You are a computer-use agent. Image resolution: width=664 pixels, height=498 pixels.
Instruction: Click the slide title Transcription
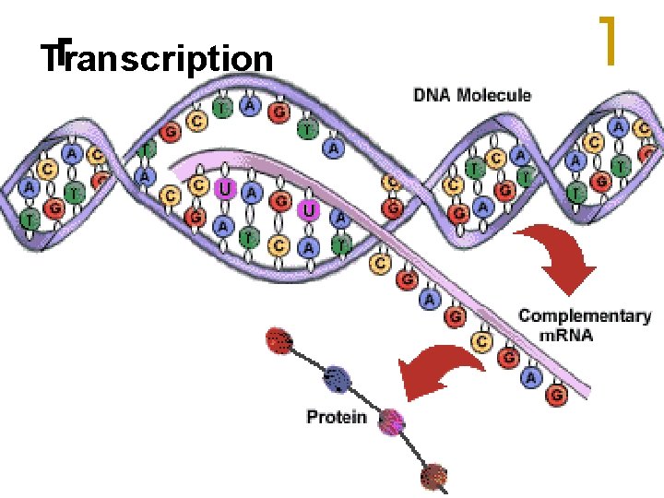[157, 59]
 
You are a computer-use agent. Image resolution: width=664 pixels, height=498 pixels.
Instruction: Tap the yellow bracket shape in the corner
[607, 41]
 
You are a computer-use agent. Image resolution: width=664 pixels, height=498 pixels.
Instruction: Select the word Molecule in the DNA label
[498, 94]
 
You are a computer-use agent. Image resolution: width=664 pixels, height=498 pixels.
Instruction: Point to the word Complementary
[585, 316]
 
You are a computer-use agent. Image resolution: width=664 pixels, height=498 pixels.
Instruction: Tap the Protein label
[336, 418]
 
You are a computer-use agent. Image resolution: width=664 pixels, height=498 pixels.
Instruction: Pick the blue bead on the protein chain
[338, 377]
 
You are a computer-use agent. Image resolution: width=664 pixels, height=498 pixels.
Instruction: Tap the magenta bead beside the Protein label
[393, 421]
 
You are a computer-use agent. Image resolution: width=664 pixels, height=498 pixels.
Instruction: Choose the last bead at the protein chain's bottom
[434, 478]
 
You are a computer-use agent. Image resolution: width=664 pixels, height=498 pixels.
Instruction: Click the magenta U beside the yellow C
[223, 190]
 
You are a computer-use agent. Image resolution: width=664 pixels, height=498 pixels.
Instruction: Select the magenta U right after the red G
[310, 212]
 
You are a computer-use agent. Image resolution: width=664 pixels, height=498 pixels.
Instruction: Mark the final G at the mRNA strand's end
[556, 396]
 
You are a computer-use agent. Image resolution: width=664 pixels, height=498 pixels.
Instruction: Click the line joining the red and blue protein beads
[310, 360]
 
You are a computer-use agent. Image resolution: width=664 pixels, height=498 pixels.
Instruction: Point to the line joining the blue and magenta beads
[366, 399]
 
